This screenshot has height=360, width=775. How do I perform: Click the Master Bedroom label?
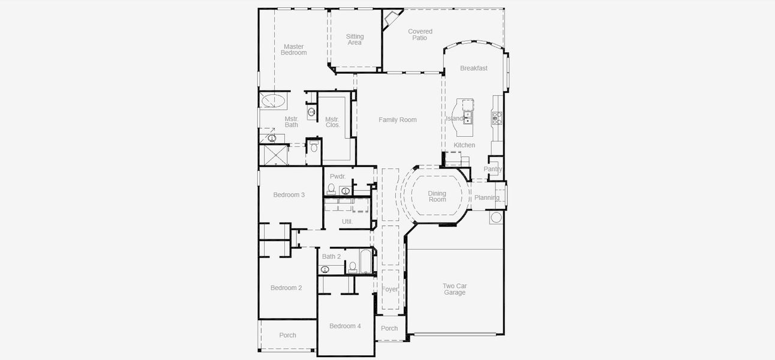click(x=293, y=50)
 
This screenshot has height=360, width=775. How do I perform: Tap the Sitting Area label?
click(x=355, y=40)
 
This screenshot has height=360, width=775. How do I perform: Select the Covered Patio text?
click(x=420, y=35)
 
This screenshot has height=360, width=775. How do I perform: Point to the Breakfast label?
click(x=473, y=68)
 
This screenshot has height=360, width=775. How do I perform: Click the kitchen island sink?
click(x=467, y=117)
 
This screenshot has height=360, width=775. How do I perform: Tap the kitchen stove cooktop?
click(x=497, y=118)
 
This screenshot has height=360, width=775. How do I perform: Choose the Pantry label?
click(x=493, y=169)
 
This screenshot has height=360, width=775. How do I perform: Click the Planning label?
click(x=486, y=198)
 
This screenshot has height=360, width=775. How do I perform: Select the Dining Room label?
click(x=437, y=196)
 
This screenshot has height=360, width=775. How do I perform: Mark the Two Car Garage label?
click(x=455, y=289)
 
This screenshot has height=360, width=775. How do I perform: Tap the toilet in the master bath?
click(x=314, y=147)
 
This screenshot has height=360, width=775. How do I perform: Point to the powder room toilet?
click(x=332, y=190)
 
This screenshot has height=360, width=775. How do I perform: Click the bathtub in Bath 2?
click(x=364, y=263)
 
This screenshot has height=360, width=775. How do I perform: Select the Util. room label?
click(x=347, y=221)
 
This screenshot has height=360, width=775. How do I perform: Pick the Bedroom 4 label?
click(x=345, y=326)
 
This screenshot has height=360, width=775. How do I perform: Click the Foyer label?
click(x=390, y=289)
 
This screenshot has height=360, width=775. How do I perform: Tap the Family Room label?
click(x=397, y=120)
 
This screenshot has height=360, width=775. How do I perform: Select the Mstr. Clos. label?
click(x=332, y=122)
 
